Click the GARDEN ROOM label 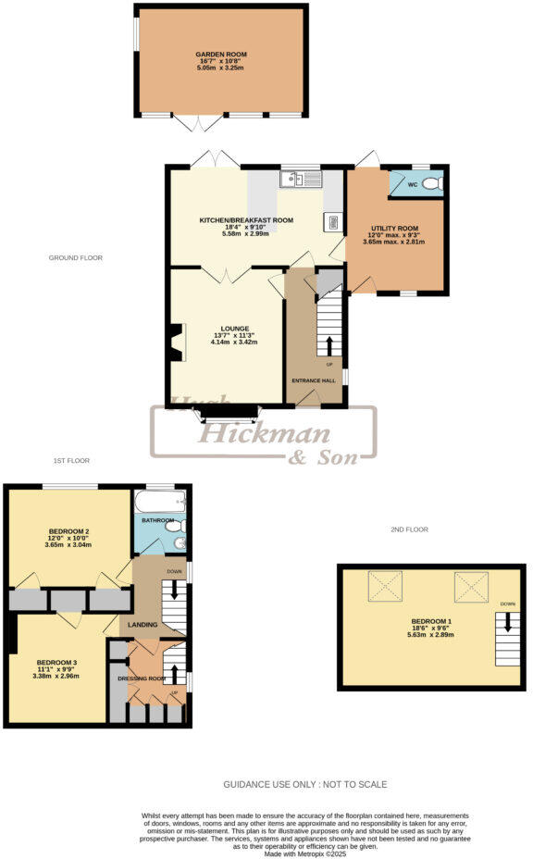(x=220, y=55)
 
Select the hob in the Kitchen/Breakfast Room (x=331, y=221)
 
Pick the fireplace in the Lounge (x=175, y=342)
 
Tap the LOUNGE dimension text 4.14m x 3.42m (x=235, y=342)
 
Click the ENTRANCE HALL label (x=314, y=381)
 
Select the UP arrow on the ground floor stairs (x=328, y=346)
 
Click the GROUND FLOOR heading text (x=76, y=257)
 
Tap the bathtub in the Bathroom (x=160, y=503)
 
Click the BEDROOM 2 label (x=68, y=530)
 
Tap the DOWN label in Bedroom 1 (x=507, y=604)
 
